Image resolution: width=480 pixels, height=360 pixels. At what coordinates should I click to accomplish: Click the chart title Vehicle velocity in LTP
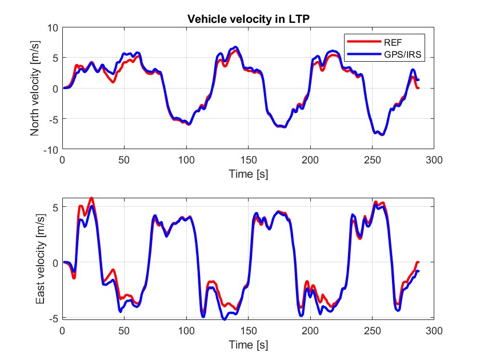click(x=248, y=19)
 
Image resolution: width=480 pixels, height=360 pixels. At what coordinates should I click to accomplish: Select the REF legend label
click(x=393, y=42)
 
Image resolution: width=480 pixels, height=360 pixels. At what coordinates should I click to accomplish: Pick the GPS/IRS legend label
click(x=402, y=54)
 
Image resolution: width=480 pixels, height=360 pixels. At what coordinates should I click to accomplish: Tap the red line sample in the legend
click(x=364, y=42)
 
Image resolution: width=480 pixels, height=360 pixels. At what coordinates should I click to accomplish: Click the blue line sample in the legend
click(x=364, y=54)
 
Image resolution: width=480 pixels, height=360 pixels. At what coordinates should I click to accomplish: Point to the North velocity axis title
click(x=35, y=88)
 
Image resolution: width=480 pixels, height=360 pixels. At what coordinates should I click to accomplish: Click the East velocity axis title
click(x=41, y=259)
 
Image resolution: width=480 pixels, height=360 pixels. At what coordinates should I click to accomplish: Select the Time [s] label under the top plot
click(x=248, y=174)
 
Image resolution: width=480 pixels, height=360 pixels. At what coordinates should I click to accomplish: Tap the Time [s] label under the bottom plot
click(x=248, y=345)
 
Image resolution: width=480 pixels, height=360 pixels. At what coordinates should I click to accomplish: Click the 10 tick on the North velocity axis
click(x=53, y=28)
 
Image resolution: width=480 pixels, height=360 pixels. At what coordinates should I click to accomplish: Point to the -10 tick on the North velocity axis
click(x=51, y=150)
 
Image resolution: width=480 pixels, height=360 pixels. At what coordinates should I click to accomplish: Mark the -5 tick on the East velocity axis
click(x=53, y=318)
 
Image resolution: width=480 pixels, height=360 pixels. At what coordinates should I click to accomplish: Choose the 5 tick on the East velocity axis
click(x=55, y=207)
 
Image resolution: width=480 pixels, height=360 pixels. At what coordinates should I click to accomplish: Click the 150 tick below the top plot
click(x=248, y=160)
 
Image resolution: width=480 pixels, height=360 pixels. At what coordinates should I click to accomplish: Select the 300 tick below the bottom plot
click(x=434, y=331)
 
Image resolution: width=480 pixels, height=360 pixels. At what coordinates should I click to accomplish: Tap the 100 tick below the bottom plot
click(x=186, y=331)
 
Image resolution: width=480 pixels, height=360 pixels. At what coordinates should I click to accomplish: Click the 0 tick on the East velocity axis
click(x=55, y=263)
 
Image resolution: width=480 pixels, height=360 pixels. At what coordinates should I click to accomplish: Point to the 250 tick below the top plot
click(x=372, y=160)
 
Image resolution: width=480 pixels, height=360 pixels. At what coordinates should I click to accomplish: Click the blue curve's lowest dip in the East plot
click(x=225, y=319)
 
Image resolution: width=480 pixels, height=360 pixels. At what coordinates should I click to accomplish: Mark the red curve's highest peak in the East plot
click(x=91, y=198)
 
